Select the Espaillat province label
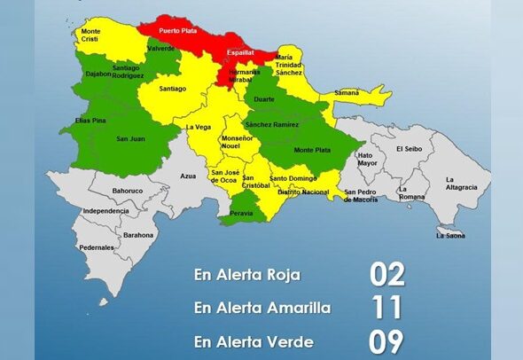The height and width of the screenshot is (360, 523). pos(240,52)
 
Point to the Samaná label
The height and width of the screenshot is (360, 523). pos(347,92)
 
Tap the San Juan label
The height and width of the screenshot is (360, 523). pos(131,137)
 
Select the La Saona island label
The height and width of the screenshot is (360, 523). pos(450,235)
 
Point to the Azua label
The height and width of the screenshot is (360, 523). pos(188,176)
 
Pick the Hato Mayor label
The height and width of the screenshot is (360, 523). pos(366,160)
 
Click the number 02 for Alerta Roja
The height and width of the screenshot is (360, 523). pos(386,274)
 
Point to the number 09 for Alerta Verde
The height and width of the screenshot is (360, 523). pos(386,340)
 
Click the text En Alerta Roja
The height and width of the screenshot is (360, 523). pos(246,275)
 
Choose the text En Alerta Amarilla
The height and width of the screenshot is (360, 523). pos(263,308)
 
